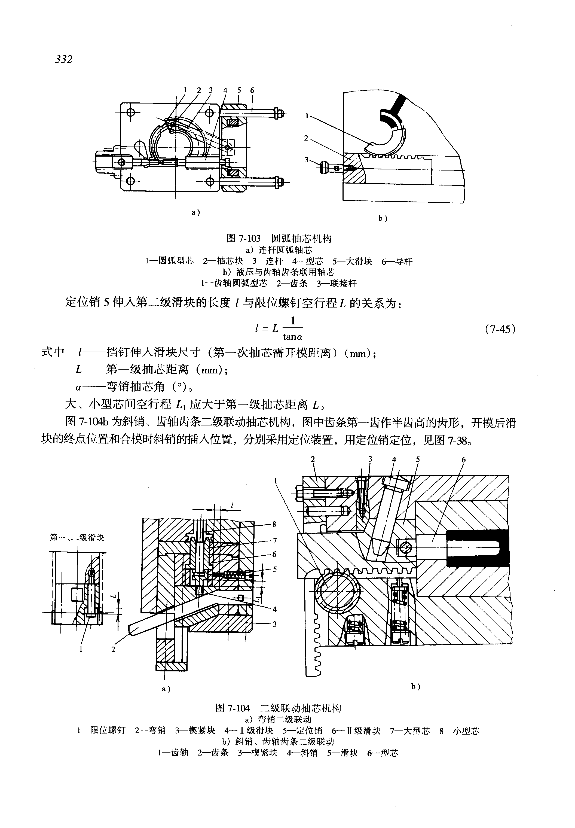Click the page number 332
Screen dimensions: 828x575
64,59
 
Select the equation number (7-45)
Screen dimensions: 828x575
500,329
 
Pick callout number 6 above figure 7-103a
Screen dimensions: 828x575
252,90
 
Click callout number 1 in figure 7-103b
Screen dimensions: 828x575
307,116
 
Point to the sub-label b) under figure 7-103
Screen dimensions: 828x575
383,218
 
